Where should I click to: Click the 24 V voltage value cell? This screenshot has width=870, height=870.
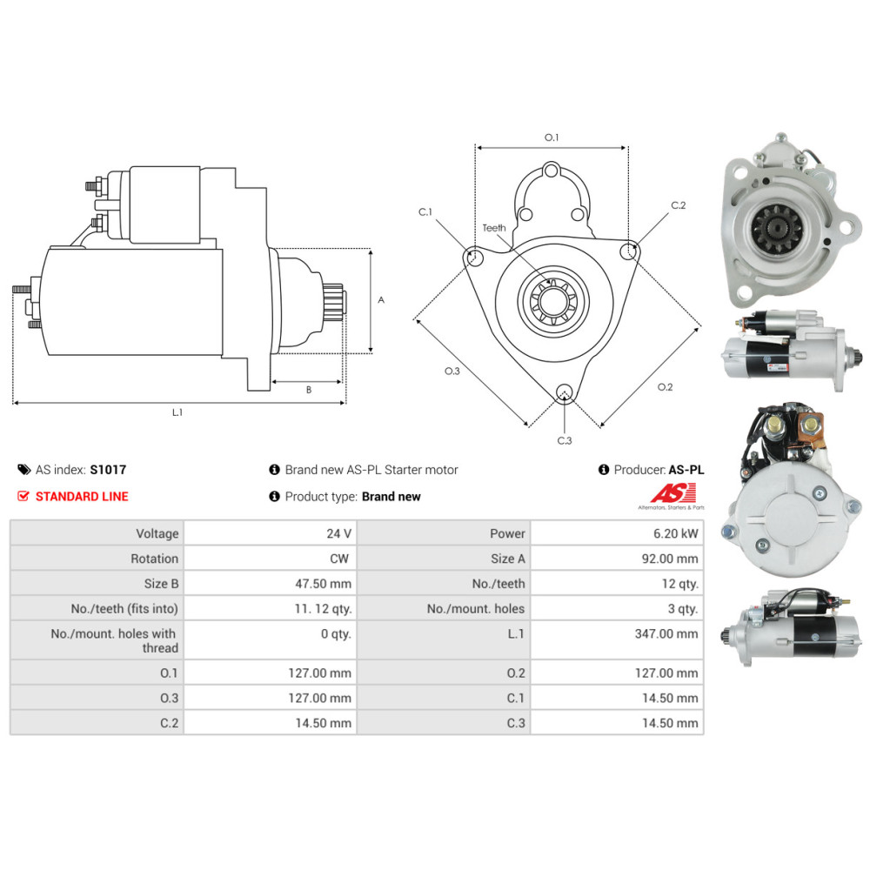[x=338, y=533]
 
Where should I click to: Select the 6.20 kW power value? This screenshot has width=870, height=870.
[x=680, y=533]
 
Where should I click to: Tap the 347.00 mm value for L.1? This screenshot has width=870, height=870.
[x=666, y=634]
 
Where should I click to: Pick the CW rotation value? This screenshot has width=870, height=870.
[x=340, y=559]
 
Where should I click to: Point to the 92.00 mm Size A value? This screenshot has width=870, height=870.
[x=670, y=559]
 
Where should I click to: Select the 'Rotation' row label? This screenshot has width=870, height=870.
[x=154, y=559]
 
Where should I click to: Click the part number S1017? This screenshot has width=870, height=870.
[x=108, y=470]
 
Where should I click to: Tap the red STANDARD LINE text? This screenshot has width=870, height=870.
[x=82, y=497]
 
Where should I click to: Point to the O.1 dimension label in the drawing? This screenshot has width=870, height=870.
[x=552, y=137]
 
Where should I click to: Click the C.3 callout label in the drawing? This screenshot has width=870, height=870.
[x=565, y=440]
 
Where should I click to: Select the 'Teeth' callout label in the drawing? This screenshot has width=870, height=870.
[x=494, y=228]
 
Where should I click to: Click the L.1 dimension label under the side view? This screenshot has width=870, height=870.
[x=177, y=412]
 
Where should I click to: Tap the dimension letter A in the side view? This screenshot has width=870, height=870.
[x=381, y=299]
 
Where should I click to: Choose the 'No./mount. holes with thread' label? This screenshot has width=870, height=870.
[x=114, y=641]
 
